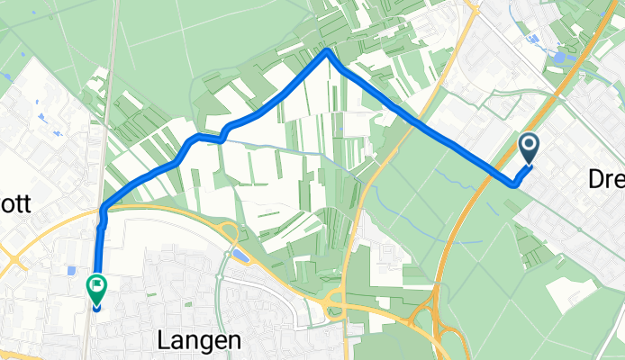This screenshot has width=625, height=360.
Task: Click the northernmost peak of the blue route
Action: point(327,51)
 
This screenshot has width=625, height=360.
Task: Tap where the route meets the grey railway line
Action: point(104,210)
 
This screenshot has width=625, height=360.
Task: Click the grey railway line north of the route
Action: point(112,90)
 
